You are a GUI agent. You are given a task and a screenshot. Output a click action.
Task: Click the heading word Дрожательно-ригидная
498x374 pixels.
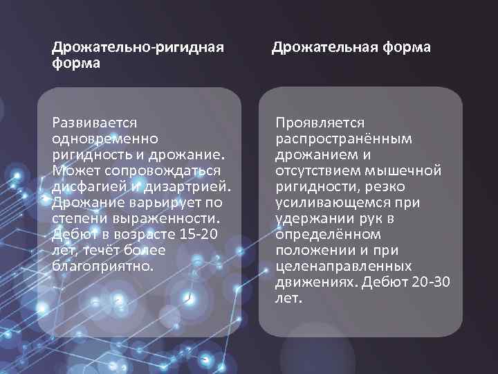tap(138, 47)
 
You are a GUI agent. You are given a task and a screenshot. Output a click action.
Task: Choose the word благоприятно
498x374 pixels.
tap(100, 265)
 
